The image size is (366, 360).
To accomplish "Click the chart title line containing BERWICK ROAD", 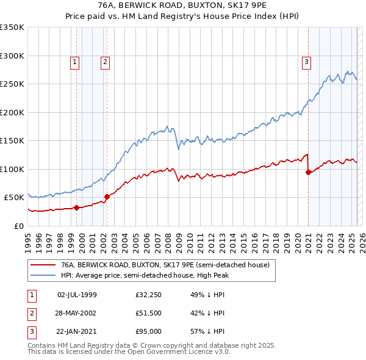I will pos(182,6).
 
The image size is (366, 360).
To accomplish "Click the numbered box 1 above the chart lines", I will pos(74,61).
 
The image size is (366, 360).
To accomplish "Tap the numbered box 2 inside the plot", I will pos(105,61).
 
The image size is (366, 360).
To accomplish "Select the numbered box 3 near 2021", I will pos(306,61).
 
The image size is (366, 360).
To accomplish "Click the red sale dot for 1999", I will pos(76,207).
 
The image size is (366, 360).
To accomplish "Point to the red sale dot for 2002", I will pos(107,196).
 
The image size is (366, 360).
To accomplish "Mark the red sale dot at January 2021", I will pos(308,172).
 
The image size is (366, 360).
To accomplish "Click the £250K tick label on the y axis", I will pos(12,84).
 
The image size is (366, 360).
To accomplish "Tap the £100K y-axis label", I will pos(12,169).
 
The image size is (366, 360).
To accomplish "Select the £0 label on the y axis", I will pos(18,226).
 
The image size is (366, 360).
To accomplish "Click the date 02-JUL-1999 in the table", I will pos(77,295).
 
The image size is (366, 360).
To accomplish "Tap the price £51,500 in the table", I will pos(149,313).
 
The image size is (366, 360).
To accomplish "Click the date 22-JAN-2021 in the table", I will pos(77,331).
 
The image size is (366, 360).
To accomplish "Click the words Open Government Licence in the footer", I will pos(183,352).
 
